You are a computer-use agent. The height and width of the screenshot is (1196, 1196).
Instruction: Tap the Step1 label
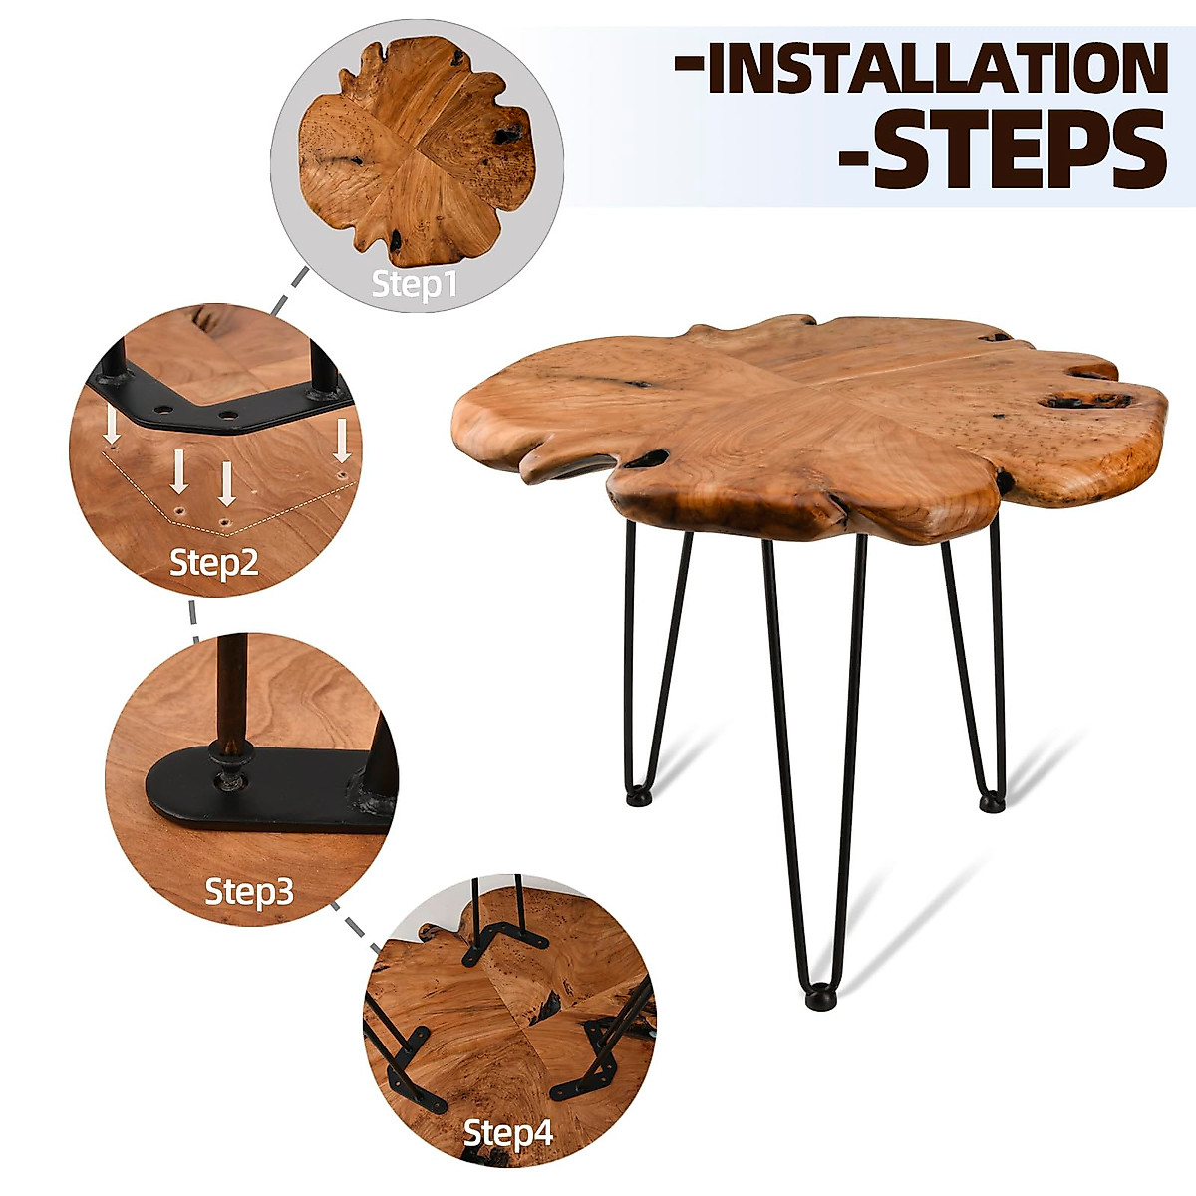415,284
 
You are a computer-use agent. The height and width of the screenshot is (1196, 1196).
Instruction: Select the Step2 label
214,562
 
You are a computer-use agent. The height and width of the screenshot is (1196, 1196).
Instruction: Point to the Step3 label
249,890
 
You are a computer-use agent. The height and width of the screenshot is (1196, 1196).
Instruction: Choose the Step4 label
508,1133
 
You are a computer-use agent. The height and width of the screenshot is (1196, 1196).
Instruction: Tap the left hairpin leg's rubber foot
638,796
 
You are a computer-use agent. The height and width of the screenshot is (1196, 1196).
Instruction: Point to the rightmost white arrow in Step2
343,441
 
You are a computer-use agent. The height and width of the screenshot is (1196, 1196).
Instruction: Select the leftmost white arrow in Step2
113,426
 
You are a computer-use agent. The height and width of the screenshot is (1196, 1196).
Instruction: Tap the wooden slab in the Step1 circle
417,149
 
